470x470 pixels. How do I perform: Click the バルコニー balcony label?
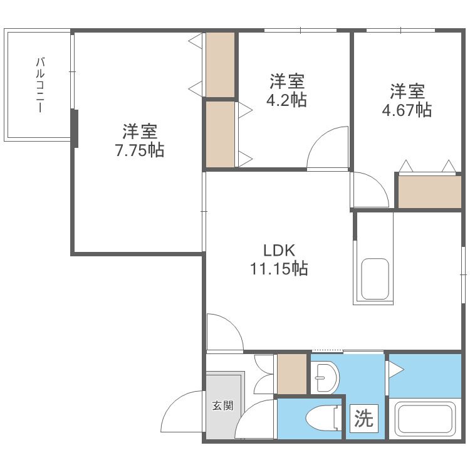click(x=40, y=85)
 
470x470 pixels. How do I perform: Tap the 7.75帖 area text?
click(x=140, y=150)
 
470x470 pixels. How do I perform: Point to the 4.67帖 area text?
click(x=407, y=110)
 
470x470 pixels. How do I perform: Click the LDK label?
click(x=279, y=250)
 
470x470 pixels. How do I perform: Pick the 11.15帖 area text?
click(x=279, y=268)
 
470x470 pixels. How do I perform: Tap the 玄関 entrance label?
click(x=222, y=406)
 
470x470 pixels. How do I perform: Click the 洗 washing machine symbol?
click(x=364, y=418)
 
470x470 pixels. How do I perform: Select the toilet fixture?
click(x=324, y=417)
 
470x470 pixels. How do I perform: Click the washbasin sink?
click(x=325, y=378)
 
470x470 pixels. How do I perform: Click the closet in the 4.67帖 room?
click(x=429, y=192)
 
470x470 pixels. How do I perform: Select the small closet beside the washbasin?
click(x=292, y=373)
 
